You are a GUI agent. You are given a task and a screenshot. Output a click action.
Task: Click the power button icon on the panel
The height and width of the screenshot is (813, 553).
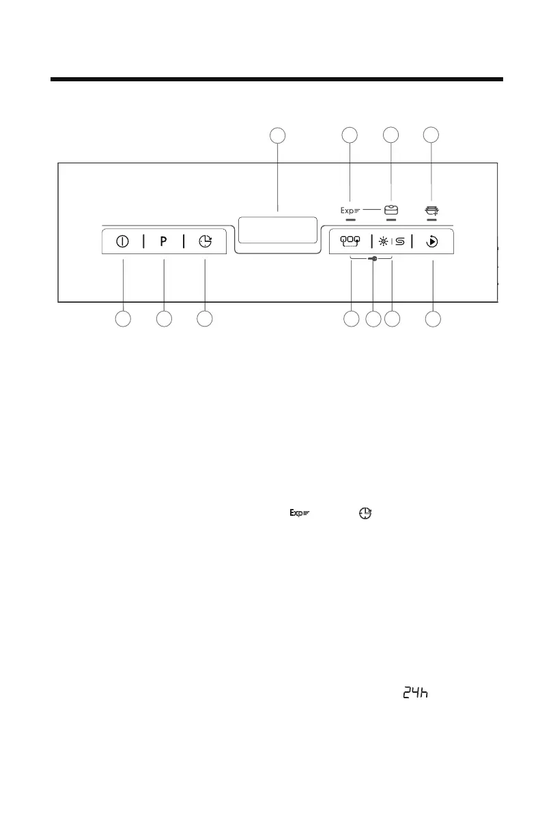123,242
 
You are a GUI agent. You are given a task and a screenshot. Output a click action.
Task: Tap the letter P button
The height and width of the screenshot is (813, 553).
164,242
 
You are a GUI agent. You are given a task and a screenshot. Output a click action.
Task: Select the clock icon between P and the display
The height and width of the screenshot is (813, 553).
205,242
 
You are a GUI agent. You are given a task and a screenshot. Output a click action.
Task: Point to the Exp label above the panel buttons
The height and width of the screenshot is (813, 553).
349,211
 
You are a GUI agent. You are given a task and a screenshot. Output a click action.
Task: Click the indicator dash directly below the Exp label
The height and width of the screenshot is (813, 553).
350,221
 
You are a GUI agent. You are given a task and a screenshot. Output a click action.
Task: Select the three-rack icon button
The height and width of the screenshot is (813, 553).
350,242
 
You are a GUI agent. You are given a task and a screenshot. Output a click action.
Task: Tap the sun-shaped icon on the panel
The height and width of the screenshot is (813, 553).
384,242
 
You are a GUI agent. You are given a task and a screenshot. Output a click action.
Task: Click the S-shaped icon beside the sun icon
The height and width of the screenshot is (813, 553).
400,242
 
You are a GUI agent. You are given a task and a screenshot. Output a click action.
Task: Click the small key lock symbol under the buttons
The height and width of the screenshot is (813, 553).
372,259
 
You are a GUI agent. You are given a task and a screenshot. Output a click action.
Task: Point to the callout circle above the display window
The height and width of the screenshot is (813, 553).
276,135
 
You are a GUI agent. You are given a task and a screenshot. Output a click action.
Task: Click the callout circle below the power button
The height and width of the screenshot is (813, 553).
123,319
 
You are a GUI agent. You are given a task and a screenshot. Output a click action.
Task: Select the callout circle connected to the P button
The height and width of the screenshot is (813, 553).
164,319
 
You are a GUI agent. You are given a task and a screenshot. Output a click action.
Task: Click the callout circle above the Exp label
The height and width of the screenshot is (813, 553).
350,135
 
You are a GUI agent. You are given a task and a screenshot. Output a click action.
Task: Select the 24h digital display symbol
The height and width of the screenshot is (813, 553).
414,693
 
